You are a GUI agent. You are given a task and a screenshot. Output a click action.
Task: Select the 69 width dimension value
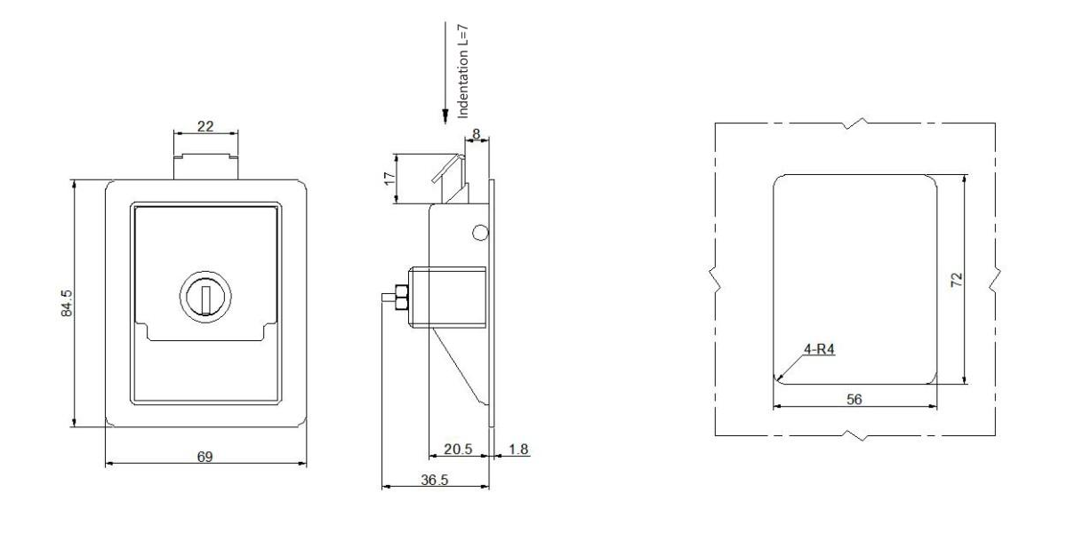(205, 457)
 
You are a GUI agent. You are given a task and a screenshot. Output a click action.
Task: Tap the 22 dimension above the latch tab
(205, 127)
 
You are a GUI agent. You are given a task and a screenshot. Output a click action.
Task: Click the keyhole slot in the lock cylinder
(205, 298)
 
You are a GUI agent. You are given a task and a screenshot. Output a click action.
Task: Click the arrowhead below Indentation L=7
(445, 116)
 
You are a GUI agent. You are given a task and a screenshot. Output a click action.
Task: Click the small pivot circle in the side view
(479, 233)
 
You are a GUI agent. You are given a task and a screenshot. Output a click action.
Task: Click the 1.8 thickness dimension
(518, 449)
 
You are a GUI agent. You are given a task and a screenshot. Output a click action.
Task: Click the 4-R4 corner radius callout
(818, 350)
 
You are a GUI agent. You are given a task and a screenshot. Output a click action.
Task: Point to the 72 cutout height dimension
(956, 279)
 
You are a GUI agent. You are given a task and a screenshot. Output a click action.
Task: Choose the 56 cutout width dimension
(854, 399)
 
